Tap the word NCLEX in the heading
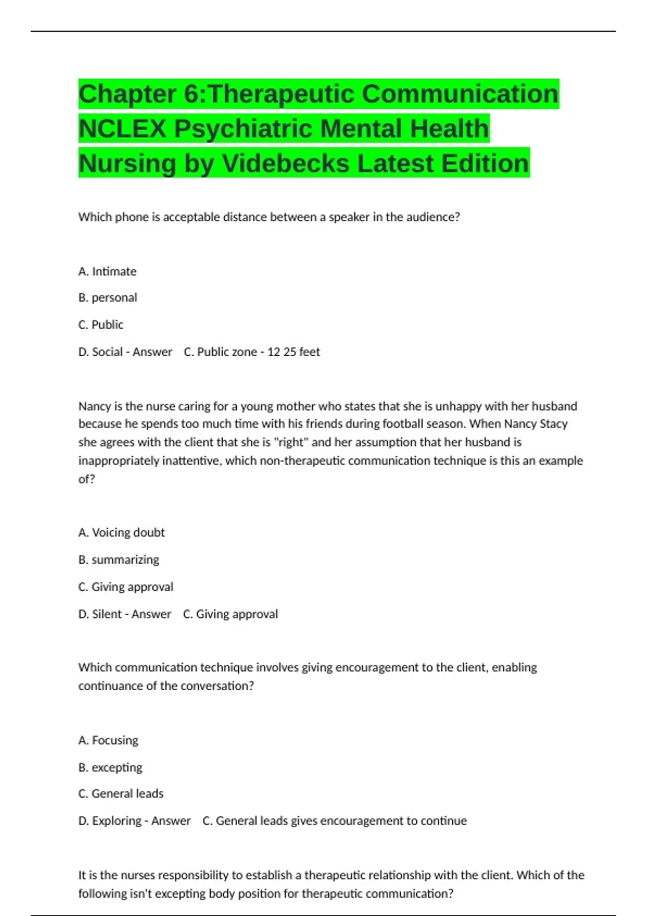click(x=122, y=129)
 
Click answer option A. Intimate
click(x=107, y=272)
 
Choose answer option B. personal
click(x=108, y=298)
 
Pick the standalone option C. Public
click(x=101, y=325)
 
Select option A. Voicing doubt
click(x=121, y=533)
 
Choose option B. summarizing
click(x=119, y=560)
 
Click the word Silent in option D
click(x=107, y=614)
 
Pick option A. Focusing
click(x=108, y=740)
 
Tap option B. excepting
click(x=110, y=767)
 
